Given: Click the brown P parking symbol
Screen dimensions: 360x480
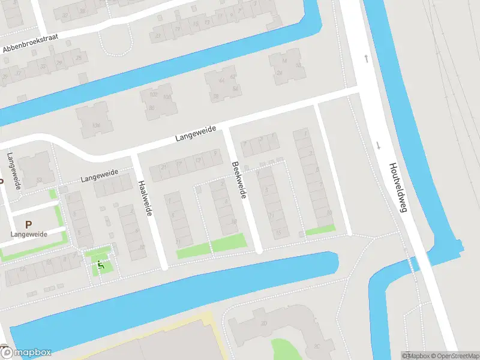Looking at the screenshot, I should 28,207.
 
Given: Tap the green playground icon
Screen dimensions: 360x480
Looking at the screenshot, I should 100,265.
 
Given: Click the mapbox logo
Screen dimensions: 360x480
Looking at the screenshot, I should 26,353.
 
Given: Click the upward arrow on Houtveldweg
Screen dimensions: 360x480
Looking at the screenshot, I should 367,58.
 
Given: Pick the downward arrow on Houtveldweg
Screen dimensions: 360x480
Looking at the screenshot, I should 379,145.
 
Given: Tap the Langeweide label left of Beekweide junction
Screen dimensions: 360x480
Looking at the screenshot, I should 196,136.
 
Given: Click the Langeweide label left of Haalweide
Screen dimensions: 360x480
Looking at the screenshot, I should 99,177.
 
